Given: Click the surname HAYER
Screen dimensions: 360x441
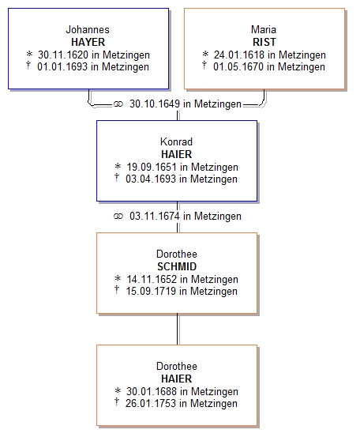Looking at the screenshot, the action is tap(88, 42).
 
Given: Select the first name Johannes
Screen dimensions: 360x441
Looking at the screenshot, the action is tap(88, 29).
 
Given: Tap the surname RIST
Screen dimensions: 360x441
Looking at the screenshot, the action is tap(264, 42).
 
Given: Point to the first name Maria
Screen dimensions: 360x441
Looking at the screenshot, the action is tap(264, 29).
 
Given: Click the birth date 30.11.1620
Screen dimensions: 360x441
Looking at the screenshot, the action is tap(63, 55).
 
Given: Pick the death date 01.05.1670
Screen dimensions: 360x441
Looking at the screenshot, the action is tap(238, 66).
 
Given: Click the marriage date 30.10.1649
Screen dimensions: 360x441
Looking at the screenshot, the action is tap(155, 104).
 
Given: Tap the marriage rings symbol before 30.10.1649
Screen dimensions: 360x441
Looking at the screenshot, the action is tap(118, 104).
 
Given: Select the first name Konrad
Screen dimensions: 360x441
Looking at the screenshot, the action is tap(177, 141).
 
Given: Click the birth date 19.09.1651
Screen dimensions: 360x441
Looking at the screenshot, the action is tap(152, 167).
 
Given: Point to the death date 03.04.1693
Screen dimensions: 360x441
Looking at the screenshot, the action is tap(151, 179).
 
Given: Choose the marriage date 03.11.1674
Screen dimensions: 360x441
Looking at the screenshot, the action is tap(155, 216).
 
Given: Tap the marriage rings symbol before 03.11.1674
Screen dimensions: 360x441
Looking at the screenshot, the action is tap(118, 217).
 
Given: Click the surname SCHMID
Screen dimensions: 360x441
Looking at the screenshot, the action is tap(177, 266).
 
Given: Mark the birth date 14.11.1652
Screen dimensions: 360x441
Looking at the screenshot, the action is tap(152, 279).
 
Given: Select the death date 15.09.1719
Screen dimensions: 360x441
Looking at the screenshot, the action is tap(151, 291).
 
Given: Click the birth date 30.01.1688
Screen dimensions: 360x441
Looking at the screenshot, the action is tap(152, 391).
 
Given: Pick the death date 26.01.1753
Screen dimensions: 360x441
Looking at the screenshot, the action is tap(151, 403).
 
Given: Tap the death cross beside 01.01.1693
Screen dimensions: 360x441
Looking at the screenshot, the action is tap(28, 66).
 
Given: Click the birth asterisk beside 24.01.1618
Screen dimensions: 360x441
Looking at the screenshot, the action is tap(205, 54).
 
